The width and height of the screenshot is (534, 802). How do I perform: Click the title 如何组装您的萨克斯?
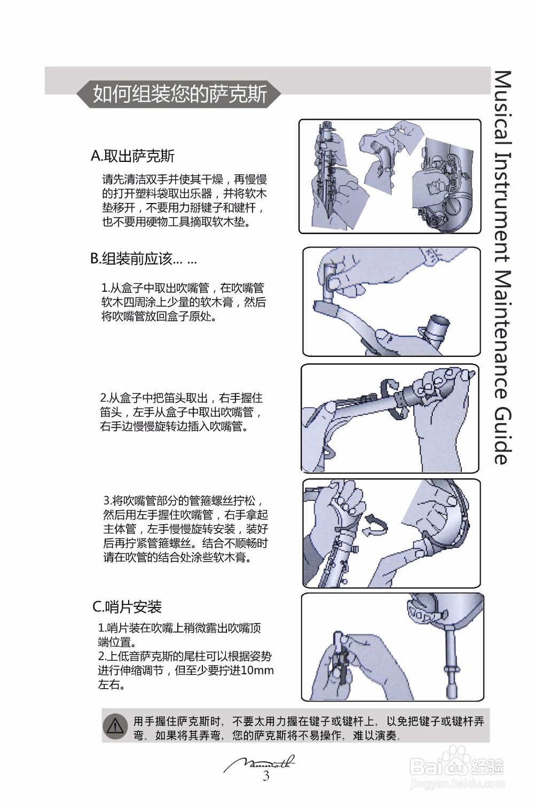point(179,94)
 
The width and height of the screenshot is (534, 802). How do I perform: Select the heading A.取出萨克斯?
point(132,156)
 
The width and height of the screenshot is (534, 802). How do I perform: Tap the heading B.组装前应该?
point(143,259)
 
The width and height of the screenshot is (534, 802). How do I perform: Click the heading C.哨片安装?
point(127,607)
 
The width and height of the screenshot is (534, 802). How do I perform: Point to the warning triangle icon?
point(115,727)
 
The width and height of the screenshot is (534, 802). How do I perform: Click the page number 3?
point(266,776)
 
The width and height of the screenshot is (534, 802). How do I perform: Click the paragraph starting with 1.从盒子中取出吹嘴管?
point(183,302)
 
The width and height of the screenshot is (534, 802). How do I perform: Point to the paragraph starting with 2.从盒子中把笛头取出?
point(182,412)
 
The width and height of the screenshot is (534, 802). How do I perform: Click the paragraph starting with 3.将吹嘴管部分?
point(185,529)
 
